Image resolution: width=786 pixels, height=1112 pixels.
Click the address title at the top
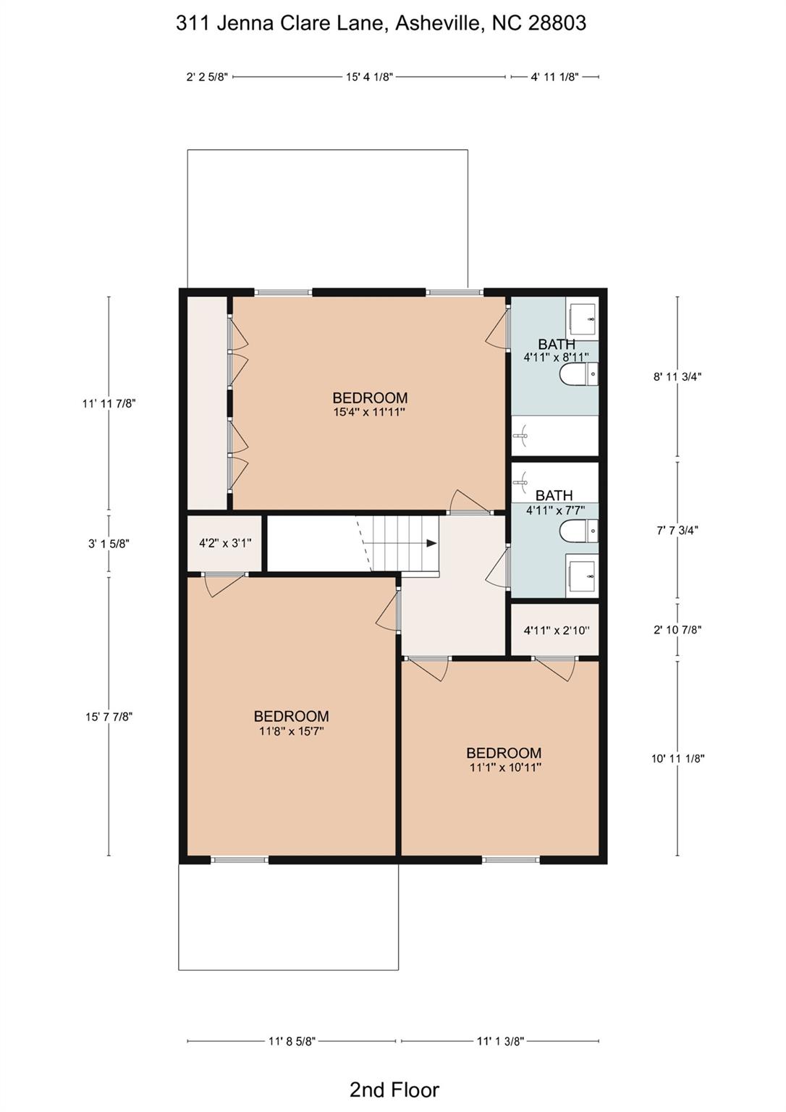pyautogui.click(x=381, y=23)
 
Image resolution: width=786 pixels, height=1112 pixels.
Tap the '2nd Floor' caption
pyautogui.click(x=394, y=1089)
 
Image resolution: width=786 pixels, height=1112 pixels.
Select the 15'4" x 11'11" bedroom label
pyautogui.click(x=369, y=404)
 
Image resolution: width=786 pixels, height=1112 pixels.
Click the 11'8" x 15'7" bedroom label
pyautogui.click(x=291, y=723)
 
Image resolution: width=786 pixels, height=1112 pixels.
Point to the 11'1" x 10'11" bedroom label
pyautogui.click(x=504, y=759)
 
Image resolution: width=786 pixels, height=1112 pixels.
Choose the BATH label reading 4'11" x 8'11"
pyautogui.click(x=556, y=350)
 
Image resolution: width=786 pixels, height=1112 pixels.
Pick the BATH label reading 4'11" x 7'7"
pyautogui.click(x=554, y=502)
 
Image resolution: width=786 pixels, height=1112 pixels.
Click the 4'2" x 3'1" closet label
pyautogui.click(x=224, y=543)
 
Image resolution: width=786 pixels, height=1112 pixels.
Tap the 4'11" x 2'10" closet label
pyautogui.click(x=556, y=630)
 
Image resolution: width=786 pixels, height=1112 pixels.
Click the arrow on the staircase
pyautogui.click(x=431, y=543)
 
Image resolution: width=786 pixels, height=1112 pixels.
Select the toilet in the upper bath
pyautogui.click(x=578, y=375)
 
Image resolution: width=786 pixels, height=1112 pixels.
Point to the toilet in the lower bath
pyautogui.click(x=578, y=531)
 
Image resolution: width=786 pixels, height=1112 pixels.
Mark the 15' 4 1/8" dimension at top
pyautogui.click(x=369, y=77)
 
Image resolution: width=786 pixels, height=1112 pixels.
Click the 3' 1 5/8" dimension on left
pyautogui.click(x=109, y=544)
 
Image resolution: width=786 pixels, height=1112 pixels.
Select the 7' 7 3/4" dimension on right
pyautogui.click(x=677, y=530)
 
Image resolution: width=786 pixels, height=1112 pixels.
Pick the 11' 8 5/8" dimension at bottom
pyautogui.click(x=292, y=1041)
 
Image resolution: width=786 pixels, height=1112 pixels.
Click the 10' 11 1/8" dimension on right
pyautogui.click(x=677, y=759)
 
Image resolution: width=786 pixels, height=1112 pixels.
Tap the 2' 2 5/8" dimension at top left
pyautogui.click(x=207, y=77)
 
